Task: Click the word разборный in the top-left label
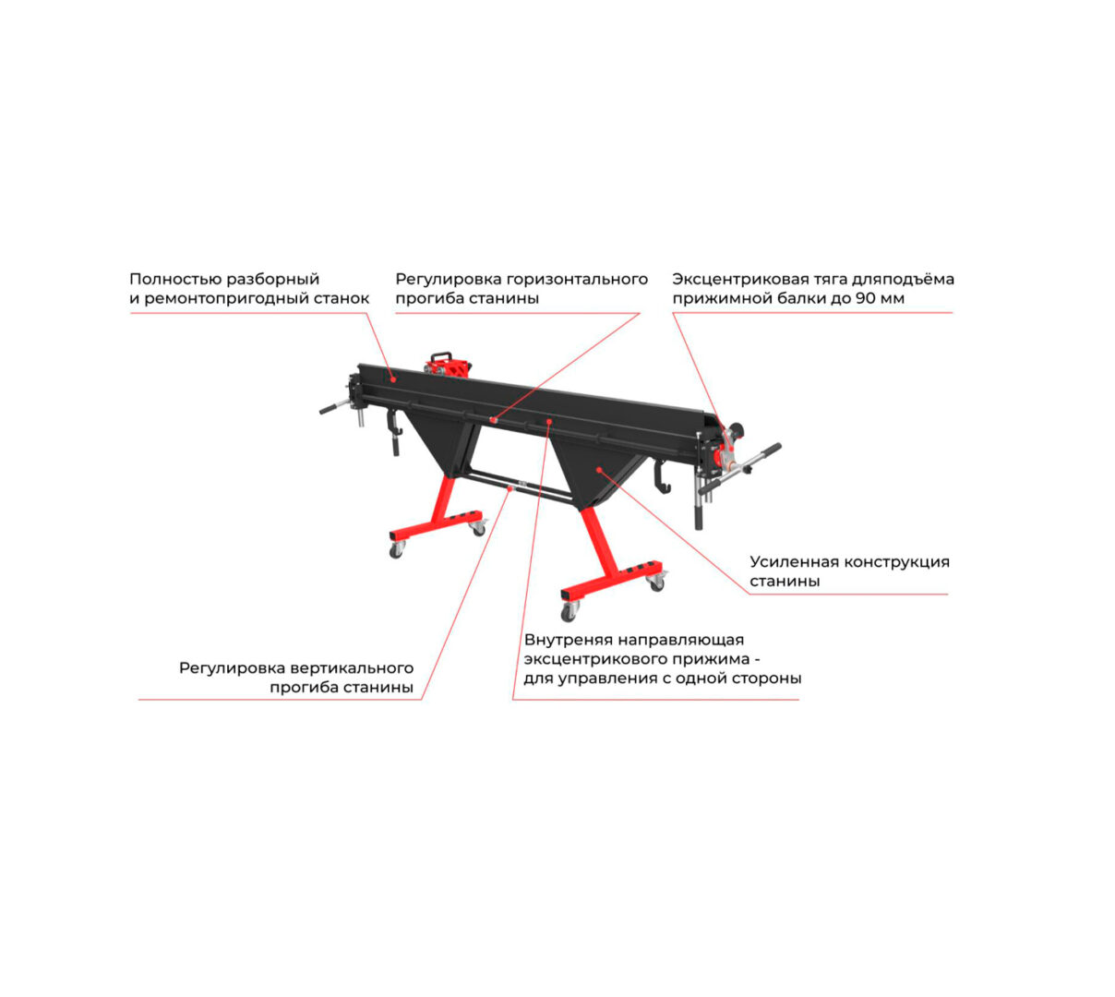(x=272, y=279)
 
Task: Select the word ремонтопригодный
(x=228, y=299)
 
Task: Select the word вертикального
(x=352, y=668)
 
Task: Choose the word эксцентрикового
(x=593, y=659)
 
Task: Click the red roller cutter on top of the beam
(x=447, y=365)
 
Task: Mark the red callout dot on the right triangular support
(x=599, y=470)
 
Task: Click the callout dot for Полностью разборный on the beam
(x=393, y=379)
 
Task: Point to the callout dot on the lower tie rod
(x=510, y=489)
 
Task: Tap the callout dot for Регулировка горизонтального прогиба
(x=493, y=420)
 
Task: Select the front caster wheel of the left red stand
(x=396, y=549)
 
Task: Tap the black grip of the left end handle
(x=329, y=409)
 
